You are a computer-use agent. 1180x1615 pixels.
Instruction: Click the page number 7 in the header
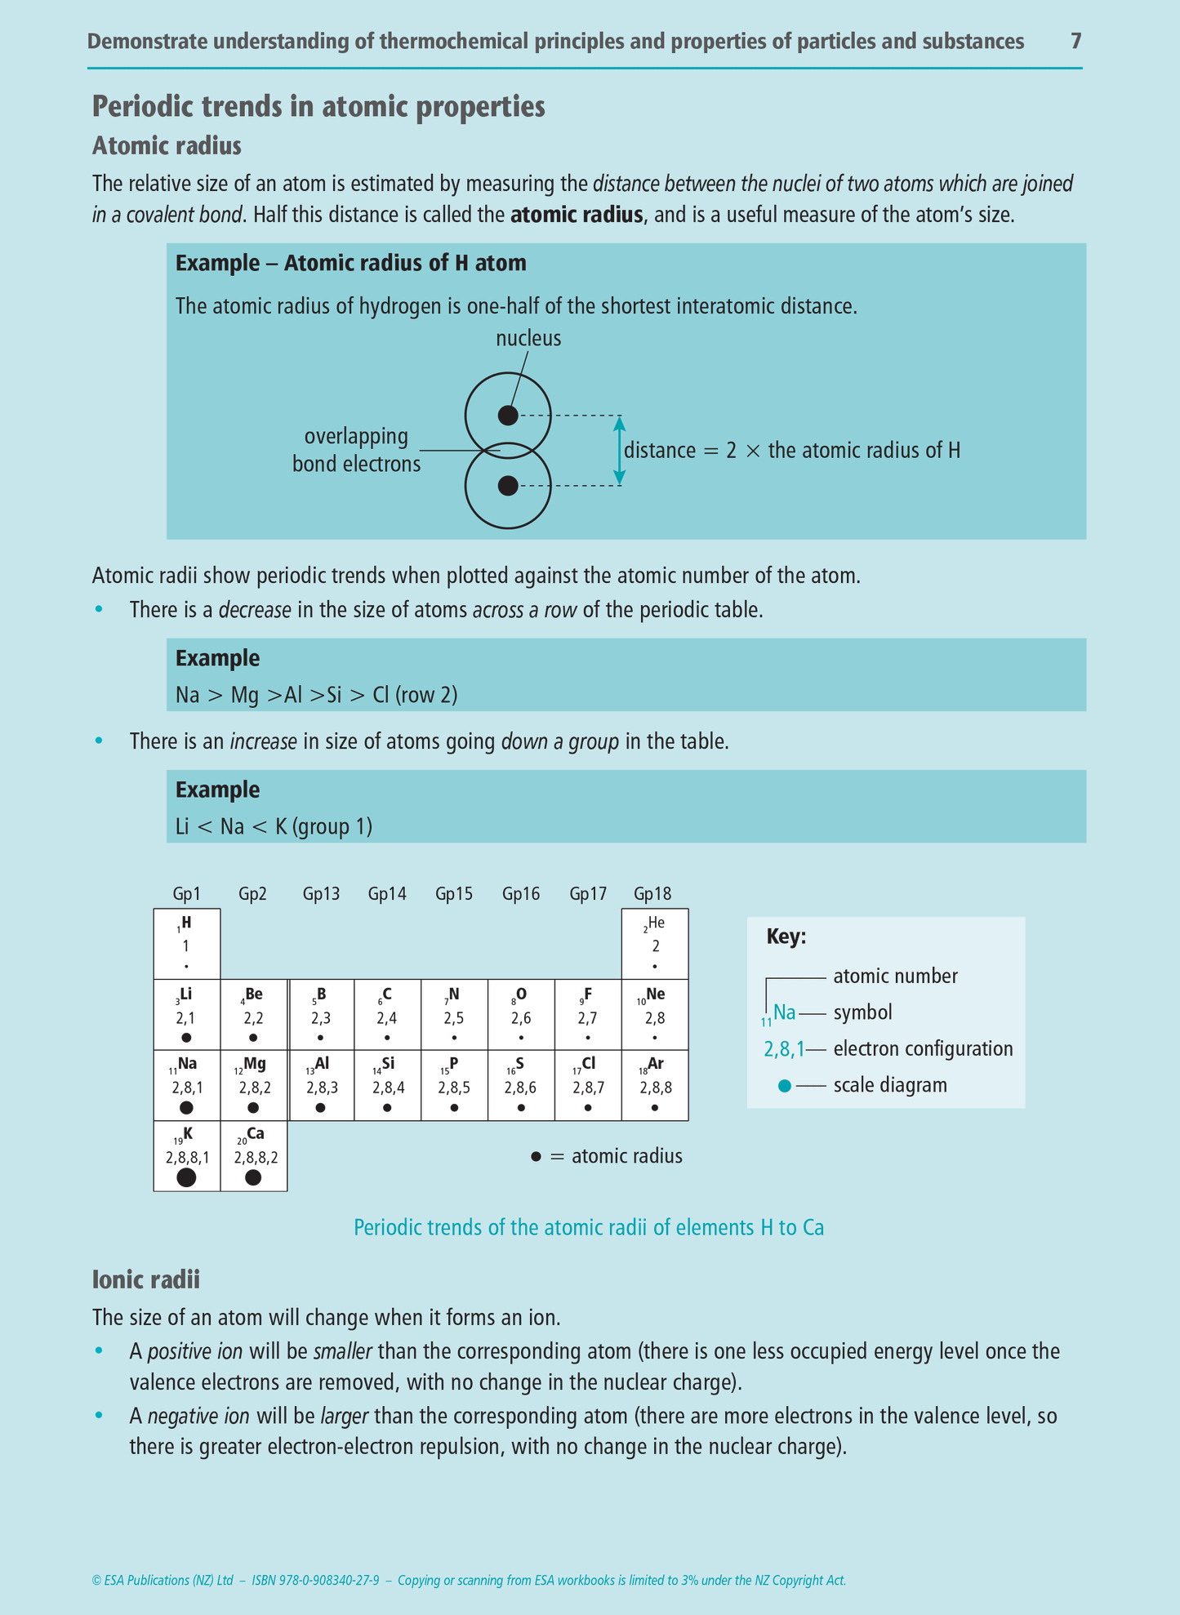point(1075,41)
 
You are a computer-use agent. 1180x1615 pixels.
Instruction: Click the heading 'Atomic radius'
point(167,145)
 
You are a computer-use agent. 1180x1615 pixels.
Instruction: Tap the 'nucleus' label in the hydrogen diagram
point(528,338)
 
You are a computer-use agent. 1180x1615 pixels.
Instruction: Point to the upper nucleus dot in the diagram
point(508,416)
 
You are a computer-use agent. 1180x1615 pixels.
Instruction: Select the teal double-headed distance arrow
point(619,451)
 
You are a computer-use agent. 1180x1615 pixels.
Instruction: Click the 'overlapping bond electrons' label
point(357,450)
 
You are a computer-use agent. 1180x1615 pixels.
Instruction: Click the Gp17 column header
point(588,894)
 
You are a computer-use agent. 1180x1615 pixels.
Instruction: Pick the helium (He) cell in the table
point(655,944)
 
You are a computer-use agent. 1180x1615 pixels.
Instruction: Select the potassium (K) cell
point(187,1155)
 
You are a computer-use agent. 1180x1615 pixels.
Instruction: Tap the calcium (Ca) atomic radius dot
point(253,1177)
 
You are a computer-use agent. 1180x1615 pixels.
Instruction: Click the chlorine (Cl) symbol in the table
point(589,1064)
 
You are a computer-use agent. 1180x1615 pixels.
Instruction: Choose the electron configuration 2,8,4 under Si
point(388,1088)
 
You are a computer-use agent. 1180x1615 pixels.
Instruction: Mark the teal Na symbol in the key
point(784,1013)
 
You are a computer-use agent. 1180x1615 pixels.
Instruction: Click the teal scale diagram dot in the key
point(785,1086)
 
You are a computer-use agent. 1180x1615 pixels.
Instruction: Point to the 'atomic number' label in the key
point(895,977)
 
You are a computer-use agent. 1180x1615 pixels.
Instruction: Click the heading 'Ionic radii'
point(146,1279)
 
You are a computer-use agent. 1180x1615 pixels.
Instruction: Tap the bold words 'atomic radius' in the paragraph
point(577,216)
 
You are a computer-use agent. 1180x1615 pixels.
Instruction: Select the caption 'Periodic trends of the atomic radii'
point(588,1228)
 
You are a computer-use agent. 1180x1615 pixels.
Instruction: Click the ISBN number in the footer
point(315,1581)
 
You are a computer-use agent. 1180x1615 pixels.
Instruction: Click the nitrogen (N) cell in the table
point(454,1015)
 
